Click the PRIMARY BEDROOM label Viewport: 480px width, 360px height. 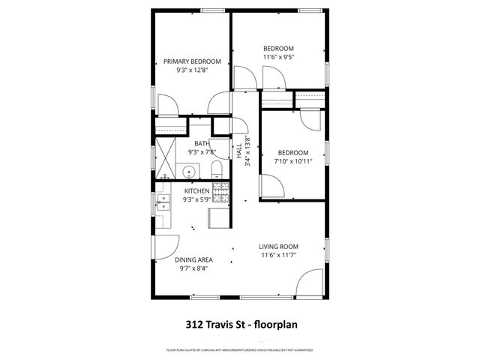pos(193,61)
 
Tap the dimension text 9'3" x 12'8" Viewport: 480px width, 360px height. pos(193,70)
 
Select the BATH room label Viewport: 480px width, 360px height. pos(202,143)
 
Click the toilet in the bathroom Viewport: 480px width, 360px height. pos(214,167)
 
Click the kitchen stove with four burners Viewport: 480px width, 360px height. pos(220,193)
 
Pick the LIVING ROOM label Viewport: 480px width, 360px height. pos(279,247)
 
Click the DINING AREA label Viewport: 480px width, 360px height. pos(193,260)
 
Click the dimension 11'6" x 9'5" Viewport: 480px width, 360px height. pos(278,56)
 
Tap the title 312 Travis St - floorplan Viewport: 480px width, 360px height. pos(239,325)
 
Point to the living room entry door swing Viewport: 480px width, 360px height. pos(309,283)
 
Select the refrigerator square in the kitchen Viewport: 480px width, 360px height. pos(220,217)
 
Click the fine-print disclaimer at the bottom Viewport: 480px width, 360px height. pos(239,350)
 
